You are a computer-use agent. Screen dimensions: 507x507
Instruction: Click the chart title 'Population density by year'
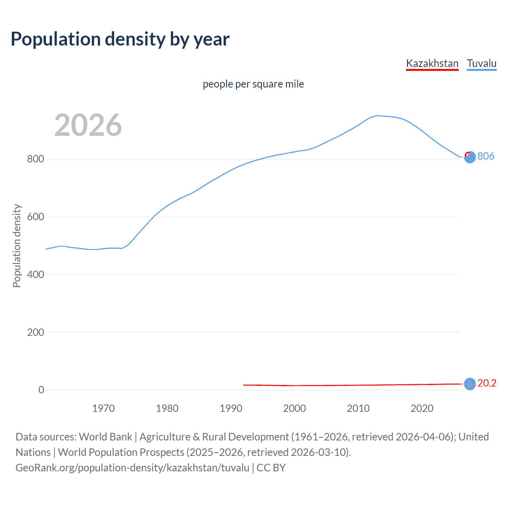(x=120, y=39)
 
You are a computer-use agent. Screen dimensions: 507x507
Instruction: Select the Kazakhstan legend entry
(x=432, y=63)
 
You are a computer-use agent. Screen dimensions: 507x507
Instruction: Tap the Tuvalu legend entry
(x=481, y=63)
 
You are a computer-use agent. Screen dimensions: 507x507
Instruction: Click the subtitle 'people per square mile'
(x=253, y=84)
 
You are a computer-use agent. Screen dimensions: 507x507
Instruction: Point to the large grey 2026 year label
(x=88, y=125)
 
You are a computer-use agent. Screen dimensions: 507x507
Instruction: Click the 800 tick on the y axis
(x=35, y=159)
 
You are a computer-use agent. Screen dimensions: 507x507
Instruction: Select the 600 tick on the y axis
(x=35, y=217)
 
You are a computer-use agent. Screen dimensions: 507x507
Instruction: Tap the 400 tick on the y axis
(x=35, y=274)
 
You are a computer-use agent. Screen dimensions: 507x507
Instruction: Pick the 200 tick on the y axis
(x=35, y=332)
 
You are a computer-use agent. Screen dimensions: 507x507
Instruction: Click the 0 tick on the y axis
(x=41, y=390)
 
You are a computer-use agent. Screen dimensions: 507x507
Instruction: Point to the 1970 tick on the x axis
(x=103, y=408)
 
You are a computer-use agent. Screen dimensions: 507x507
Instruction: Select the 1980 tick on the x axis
(x=167, y=408)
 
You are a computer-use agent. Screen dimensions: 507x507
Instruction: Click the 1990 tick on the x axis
(x=231, y=408)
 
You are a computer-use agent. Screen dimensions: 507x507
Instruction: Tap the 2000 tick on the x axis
(x=294, y=408)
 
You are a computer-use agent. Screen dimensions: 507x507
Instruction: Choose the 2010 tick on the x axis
(x=358, y=408)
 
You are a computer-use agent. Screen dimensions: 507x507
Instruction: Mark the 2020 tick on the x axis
(x=422, y=408)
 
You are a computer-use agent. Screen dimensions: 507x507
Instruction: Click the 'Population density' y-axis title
(x=17, y=246)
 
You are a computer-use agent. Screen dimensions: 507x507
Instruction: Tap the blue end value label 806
(x=486, y=156)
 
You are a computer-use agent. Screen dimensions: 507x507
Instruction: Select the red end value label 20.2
(x=487, y=383)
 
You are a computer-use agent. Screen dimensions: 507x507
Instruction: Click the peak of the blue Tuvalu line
(x=377, y=116)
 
